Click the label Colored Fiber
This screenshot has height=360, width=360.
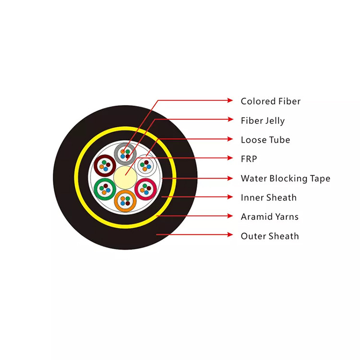pos(270,101)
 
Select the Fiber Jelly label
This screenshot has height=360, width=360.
pos(263,121)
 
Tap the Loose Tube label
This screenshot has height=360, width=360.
pos(265,140)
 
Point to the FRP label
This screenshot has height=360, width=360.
pos(249,159)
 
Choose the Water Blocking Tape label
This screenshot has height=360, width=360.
pos(286,179)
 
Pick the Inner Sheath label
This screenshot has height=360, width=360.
pos(269,197)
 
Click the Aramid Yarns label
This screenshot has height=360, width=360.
pos(270,216)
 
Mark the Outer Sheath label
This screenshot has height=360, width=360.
pos(270,236)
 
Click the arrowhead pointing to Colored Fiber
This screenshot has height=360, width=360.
pos(230,100)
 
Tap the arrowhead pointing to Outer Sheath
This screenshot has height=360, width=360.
pos(230,235)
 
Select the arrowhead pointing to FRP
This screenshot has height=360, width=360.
pos(230,158)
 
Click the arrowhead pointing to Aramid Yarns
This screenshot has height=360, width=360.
pos(230,216)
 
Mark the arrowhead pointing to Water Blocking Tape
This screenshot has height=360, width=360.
pos(230,179)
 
